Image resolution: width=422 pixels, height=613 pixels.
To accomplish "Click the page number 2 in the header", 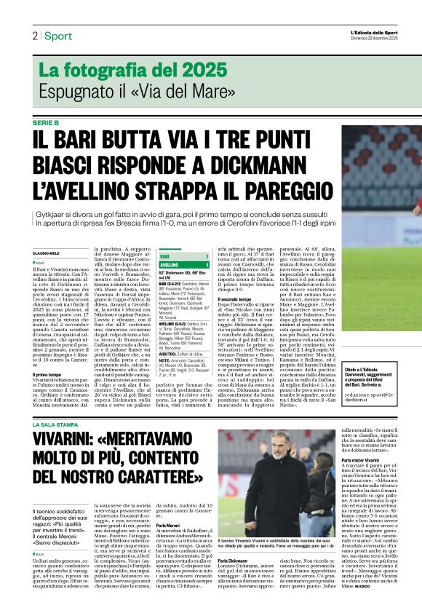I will point(34,36).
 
